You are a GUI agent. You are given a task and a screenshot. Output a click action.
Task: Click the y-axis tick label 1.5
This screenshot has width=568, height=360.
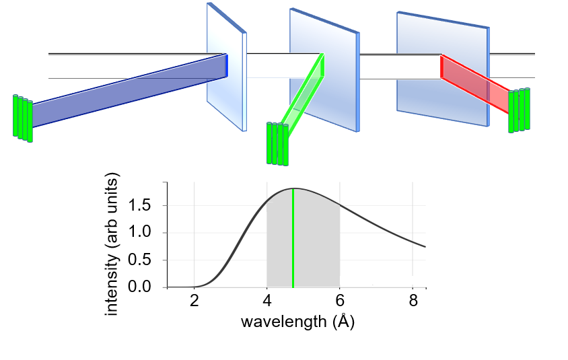coord(149,205)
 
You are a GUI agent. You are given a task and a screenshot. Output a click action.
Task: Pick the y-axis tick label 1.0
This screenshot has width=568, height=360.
coord(149,233)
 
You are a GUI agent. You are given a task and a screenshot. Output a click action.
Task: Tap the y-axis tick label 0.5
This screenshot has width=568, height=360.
coord(149,260)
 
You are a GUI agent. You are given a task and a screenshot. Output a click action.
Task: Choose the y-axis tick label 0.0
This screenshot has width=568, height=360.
coord(149,287)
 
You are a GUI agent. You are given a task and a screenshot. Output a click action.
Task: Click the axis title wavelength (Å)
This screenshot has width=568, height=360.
coord(297,322)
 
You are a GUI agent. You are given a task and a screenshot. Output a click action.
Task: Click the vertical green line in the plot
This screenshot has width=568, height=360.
coord(293,242)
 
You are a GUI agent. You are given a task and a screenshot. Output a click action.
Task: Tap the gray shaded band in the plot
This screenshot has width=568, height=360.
coord(316,256)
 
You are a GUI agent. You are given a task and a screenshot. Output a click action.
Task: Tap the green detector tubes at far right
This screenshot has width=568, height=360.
coord(519,110)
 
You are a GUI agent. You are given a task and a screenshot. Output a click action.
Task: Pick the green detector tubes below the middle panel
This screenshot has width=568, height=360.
coord(277,143)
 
